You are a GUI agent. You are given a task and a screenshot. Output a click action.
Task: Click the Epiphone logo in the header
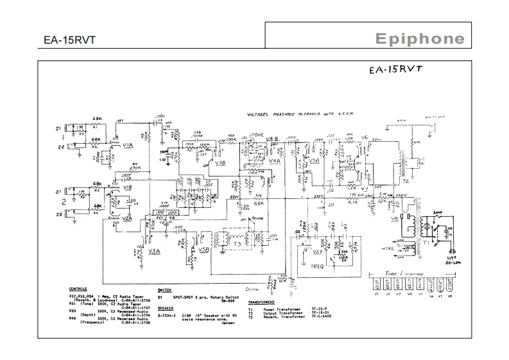point(420,39)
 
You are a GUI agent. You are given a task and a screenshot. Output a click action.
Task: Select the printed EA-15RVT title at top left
point(61,40)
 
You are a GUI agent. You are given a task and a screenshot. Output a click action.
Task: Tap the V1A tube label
point(127,146)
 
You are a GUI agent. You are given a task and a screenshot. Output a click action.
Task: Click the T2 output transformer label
point(406,182)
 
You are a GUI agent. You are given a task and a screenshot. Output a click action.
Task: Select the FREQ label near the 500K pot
point(318,264)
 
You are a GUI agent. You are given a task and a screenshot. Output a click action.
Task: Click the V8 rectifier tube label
point(394,219)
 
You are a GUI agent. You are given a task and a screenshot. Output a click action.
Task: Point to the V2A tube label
point(126,218)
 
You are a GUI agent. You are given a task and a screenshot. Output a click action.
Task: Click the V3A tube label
point(154,252)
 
